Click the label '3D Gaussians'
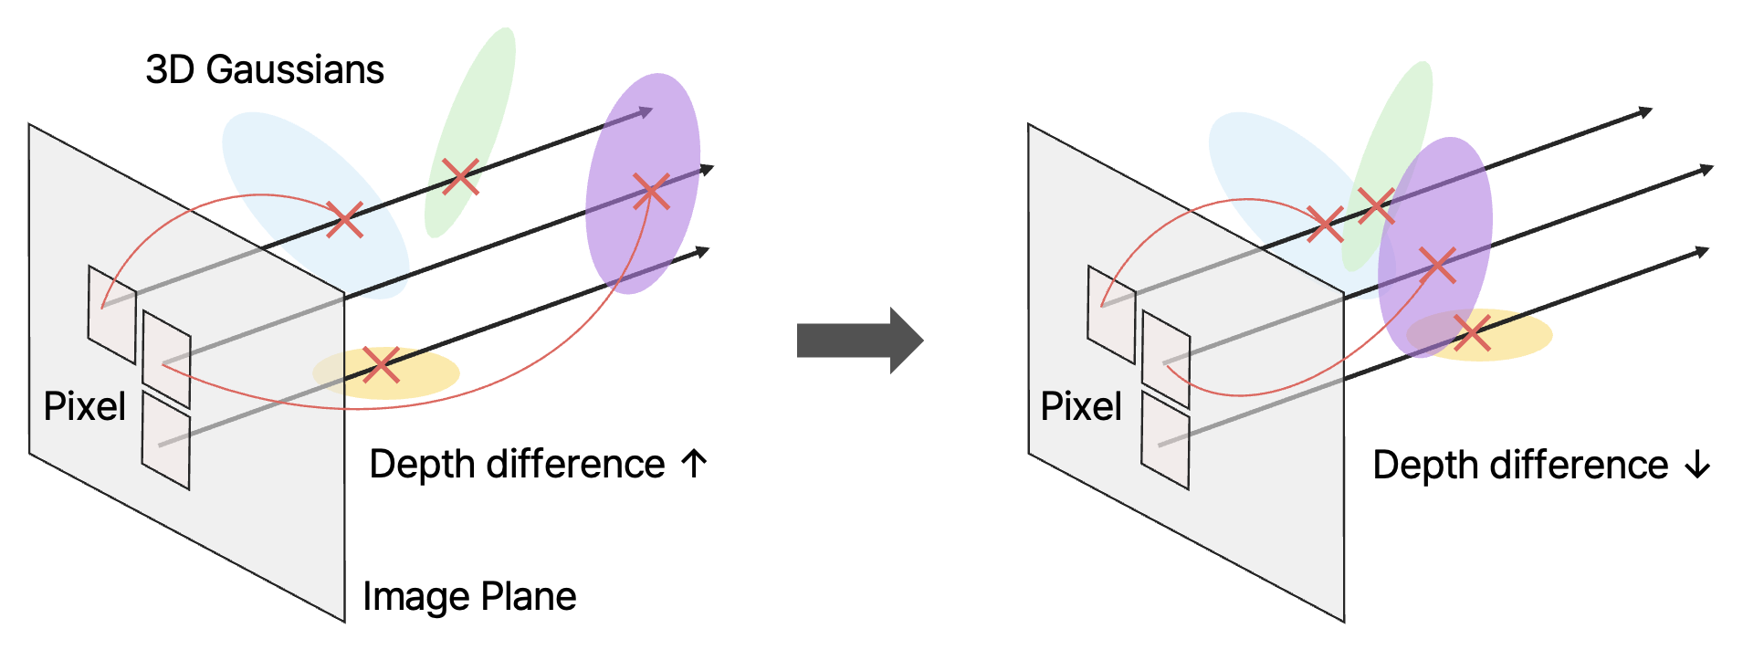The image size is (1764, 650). pos(265,70)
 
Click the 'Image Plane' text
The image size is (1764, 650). pos(469,596)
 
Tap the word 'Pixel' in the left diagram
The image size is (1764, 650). pos(85,406)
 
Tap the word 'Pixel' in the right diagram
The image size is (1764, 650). pos(1081,406)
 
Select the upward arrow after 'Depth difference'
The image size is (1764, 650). pos(694,464)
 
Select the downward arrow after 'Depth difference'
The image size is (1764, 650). pos(1697,466)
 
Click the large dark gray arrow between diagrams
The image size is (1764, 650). pos(858,341)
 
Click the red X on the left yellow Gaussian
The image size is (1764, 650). pos(381,365)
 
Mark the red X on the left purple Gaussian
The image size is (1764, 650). pos(651,192)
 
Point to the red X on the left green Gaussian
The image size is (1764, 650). pos(460,176)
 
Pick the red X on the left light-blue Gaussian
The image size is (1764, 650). pos(344,220)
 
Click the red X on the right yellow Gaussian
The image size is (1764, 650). pos(1472,332)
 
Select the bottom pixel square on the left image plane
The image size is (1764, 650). pos(166,441)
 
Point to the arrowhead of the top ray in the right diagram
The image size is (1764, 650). pos(1645,112)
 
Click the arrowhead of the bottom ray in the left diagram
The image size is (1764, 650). pos(702,251)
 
